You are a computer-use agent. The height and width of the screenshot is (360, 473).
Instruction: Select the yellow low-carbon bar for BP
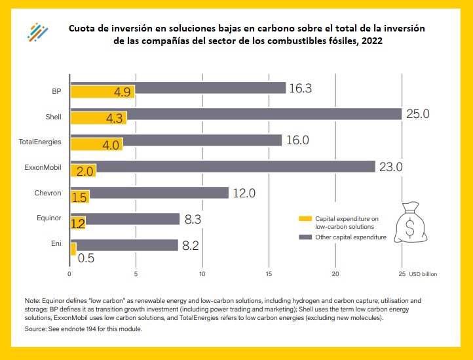point(102,92)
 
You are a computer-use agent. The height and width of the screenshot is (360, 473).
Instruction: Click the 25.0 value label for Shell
point(417,114)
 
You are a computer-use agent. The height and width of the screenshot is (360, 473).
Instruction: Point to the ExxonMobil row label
point(47,167)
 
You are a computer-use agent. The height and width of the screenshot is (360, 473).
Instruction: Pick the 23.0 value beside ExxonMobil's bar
point(389,167)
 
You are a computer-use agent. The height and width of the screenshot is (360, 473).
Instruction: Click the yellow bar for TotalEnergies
point(96,144)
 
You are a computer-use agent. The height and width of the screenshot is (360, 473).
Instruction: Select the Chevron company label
point(48,193)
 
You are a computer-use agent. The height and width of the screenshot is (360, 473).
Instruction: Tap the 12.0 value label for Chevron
point(242,193)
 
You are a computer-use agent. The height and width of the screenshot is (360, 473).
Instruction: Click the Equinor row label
point(49,218)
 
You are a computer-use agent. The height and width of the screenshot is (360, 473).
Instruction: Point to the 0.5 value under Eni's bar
point(86,258)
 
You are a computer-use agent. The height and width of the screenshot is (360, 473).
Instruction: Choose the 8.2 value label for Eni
point(191,245)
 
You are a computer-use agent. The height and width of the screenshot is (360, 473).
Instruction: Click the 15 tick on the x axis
point(269,273)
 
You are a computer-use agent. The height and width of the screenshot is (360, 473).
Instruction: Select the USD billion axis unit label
point(424,273)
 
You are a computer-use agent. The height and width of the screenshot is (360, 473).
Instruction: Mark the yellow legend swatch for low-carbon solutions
point(305,218)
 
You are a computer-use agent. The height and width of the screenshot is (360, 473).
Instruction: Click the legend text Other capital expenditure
point(350,237)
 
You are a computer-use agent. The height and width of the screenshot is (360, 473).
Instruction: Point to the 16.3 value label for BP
point(301,87)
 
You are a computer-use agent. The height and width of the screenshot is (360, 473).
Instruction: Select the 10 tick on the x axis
point(202,273)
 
